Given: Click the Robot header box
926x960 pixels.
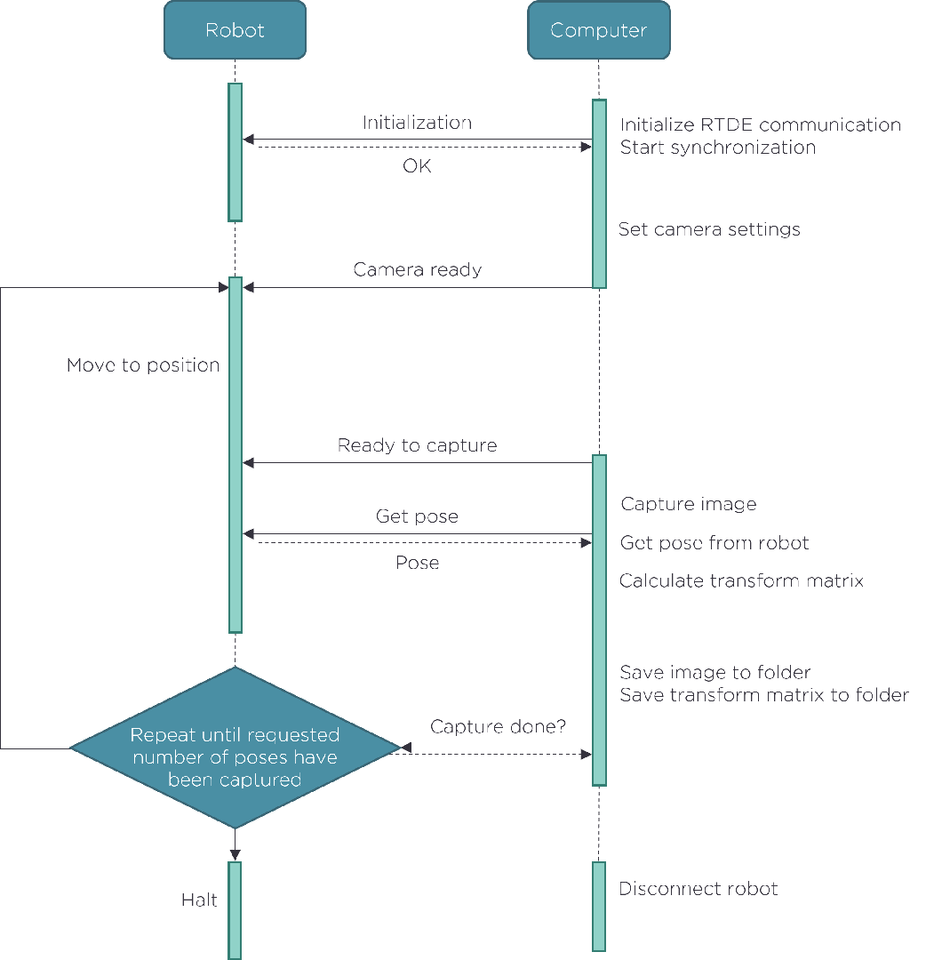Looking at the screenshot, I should pos(235,30).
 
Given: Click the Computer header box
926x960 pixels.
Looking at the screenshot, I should pos(598,30).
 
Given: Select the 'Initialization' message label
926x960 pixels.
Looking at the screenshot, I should pos(417,123).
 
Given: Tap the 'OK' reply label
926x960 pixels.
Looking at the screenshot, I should pos(417,165).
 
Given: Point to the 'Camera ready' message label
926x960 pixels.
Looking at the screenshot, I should pos(417,269).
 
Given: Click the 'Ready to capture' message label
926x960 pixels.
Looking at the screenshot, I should pos(417,445).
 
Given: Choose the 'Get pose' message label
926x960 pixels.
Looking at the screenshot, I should pos(417,516).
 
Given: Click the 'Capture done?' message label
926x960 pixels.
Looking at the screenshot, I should pos(498,727).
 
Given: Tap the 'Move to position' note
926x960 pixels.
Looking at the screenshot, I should pos(143,365).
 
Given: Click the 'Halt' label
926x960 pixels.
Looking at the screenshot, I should pos(199,900).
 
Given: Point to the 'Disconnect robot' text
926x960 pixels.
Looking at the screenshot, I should pos(698,889).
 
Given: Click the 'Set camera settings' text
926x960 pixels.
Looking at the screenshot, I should pos(709,229).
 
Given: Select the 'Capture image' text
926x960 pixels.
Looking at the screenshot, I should pos(688,504).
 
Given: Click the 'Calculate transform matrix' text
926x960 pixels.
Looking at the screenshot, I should pos(741,581).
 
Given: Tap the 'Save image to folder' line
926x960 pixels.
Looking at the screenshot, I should pos(714,672).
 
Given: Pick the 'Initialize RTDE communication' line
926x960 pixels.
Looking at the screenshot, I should pos(760,124).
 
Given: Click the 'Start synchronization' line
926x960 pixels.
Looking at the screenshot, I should pos(717,148).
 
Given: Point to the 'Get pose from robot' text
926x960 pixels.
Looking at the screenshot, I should pos(714,543).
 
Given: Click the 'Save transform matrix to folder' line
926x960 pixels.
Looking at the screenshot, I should pos(763,695).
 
